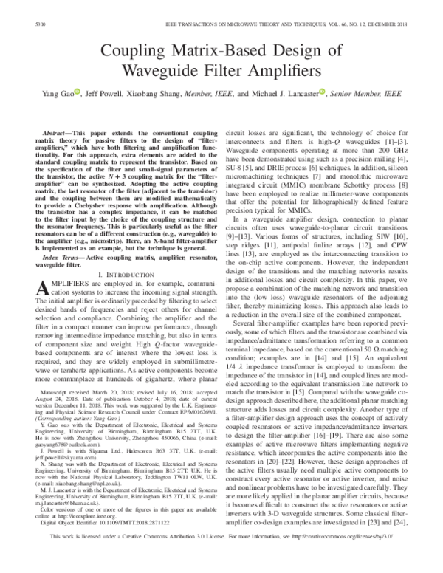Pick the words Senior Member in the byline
tap(356, 96)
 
